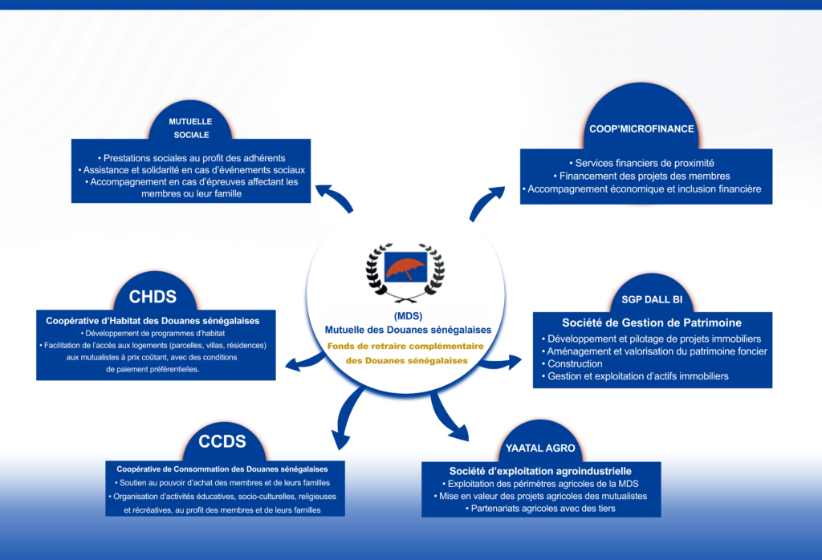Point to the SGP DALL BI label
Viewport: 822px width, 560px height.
(652, 299)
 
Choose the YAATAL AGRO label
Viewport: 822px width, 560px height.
(540, 448)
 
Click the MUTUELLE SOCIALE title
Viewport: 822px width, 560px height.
(189, 128)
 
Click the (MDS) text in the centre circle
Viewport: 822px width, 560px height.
(408, 315)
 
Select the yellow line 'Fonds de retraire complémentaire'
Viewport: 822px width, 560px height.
(407, 346)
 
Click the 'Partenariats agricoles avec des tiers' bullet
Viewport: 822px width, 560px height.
(540, 508)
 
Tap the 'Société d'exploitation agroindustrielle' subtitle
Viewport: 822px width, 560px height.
(540, 471)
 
